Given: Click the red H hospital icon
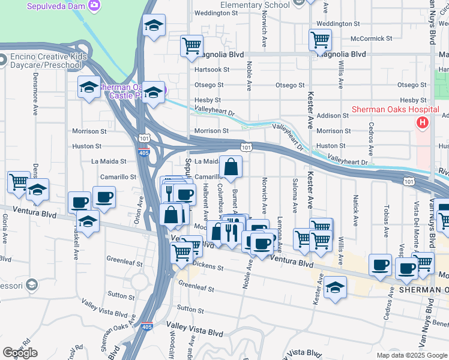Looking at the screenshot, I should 423,122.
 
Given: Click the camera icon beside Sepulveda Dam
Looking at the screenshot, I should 94,5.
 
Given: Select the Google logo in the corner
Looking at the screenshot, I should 20,352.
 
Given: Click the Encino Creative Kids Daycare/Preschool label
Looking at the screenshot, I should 45,61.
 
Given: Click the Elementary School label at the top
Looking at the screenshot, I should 255,5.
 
